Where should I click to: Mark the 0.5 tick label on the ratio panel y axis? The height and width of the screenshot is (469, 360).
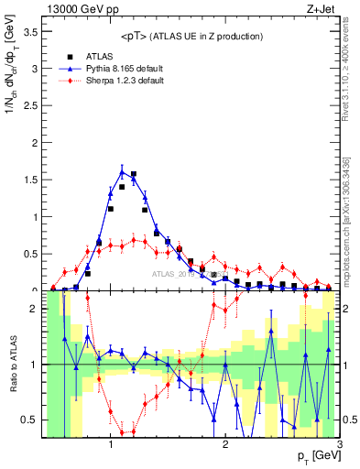click(29, 420)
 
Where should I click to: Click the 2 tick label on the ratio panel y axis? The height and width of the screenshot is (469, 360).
click(34, 309)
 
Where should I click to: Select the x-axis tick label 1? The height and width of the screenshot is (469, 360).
click(110, 444)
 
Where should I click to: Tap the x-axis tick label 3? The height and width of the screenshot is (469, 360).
click(339, 444)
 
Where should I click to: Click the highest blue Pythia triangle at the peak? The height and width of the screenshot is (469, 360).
click(123, 170)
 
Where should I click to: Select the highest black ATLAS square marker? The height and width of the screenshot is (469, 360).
click(134, 174)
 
